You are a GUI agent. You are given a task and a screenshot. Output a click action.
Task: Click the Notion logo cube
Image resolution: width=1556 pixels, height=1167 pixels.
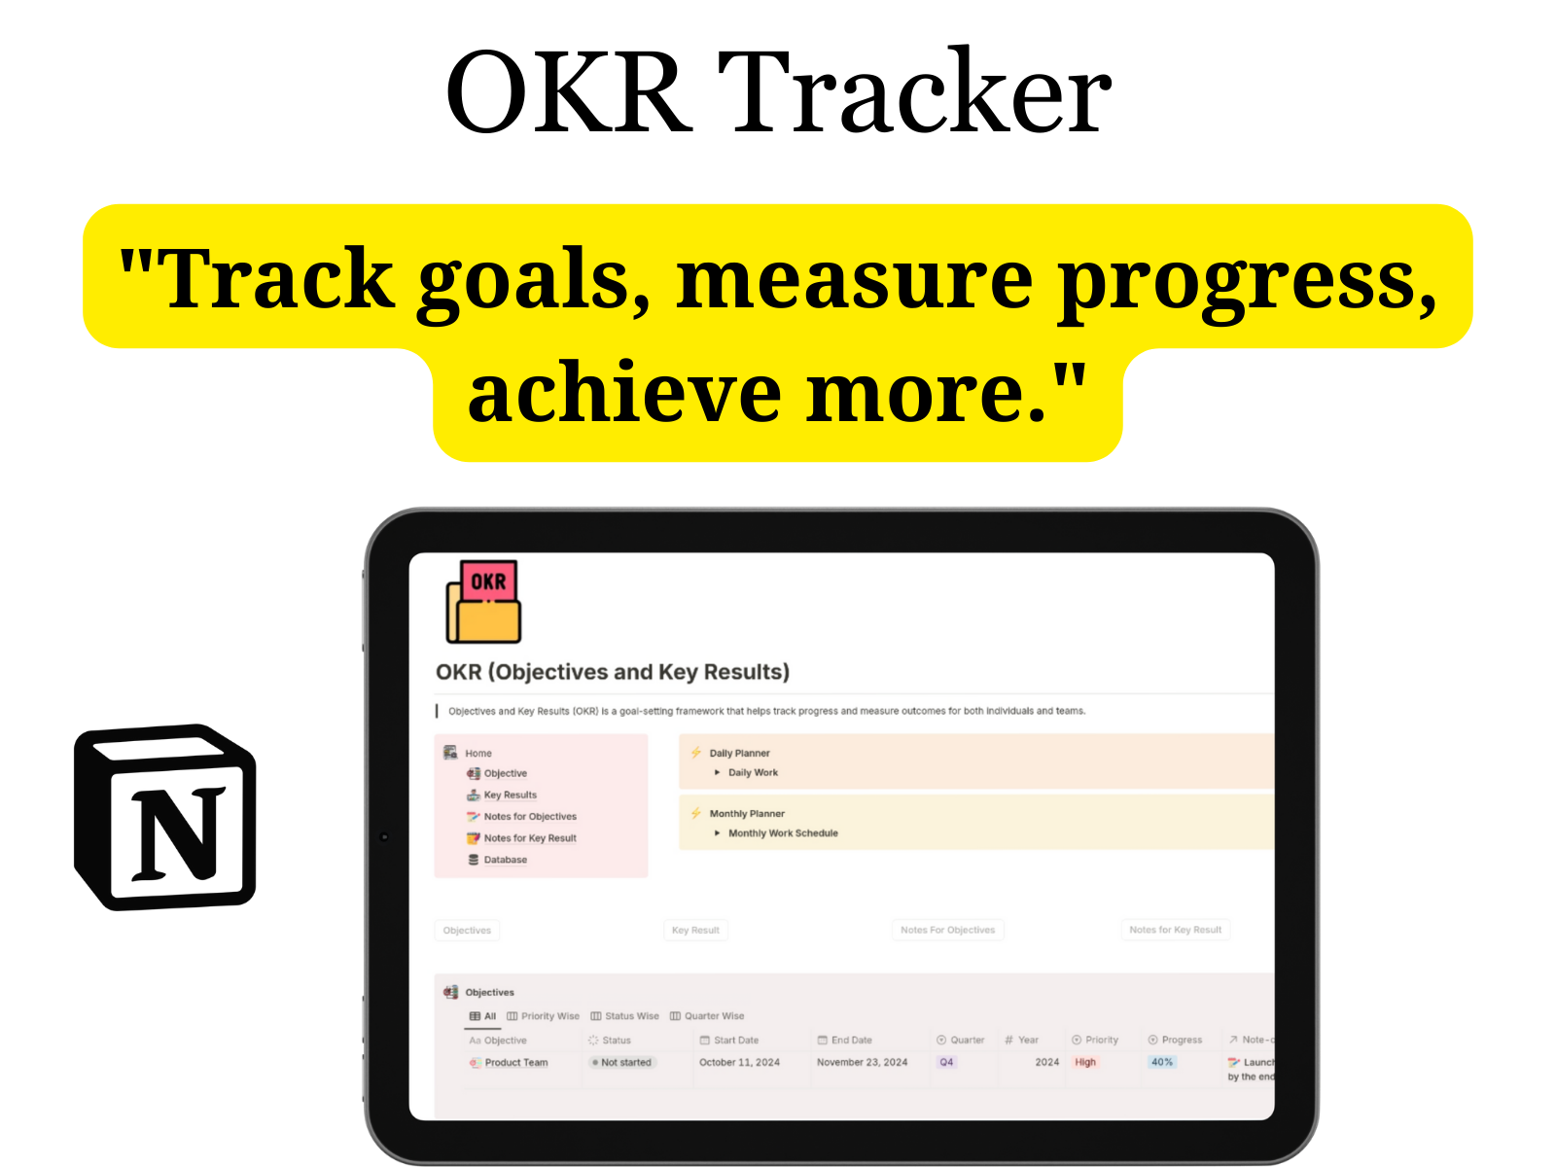click(x=165, y=817)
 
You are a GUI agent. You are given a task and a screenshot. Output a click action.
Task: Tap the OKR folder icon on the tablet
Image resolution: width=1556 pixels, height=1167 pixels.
click(x=483, y=603)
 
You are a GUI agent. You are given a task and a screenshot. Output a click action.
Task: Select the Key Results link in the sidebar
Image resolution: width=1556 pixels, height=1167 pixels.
click(x=510, y=796)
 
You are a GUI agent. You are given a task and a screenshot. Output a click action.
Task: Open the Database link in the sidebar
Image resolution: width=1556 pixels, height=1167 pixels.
click(x=505, y=860)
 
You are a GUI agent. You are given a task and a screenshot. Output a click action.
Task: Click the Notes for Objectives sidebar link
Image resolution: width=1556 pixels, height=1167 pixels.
click(x=530, y=817)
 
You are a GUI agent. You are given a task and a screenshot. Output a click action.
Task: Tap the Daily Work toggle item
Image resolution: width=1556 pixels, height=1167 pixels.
click(x=753, y=773)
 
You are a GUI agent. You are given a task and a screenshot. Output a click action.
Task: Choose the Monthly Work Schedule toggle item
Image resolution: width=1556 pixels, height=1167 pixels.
click(x=783, y=833)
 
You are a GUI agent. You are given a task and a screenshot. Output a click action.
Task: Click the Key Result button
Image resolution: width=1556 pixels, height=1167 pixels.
click(x=695, y=931)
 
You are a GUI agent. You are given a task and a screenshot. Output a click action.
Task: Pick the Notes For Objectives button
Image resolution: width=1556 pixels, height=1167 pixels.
click(x=947, y=931)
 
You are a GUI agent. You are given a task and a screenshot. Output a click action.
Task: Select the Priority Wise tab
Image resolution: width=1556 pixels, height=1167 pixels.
click(x=549, y=1016)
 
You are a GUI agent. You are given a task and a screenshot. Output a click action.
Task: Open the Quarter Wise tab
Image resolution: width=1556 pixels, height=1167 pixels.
click(x=714, y=1016)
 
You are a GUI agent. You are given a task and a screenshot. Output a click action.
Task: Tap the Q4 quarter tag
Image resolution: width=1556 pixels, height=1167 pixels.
click(x=946, y=1063)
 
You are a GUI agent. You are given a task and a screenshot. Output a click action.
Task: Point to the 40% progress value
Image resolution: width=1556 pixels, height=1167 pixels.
click(x=1162, y=1063)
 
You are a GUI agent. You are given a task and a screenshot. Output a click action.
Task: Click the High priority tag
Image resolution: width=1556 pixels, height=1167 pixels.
click(x=1085, y=1063)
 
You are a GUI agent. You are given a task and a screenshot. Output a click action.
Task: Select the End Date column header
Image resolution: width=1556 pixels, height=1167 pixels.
click(x=851, y=1041)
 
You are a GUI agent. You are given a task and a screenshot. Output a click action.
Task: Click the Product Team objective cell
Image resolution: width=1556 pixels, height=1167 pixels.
click(x=515, y=1063)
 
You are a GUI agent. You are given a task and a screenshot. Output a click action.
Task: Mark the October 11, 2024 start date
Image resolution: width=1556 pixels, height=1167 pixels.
click(x=739, y=1063)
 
